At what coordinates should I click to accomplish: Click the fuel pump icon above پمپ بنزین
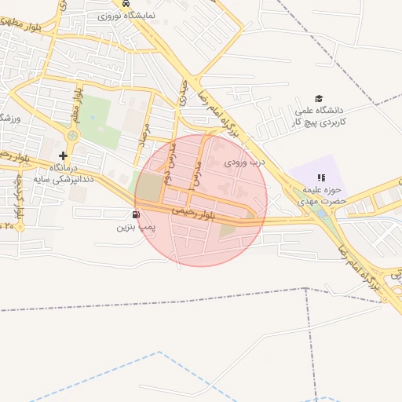click(137, 214)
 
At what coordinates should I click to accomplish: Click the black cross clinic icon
click(64, 156)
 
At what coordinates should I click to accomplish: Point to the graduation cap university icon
click(319, 98)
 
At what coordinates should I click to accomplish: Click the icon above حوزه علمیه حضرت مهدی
click(320, 178)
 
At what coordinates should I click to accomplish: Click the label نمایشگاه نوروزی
click(127, 15)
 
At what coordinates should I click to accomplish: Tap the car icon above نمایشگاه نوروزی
click(127, 3)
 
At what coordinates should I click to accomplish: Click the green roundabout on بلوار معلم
click(72, 135)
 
